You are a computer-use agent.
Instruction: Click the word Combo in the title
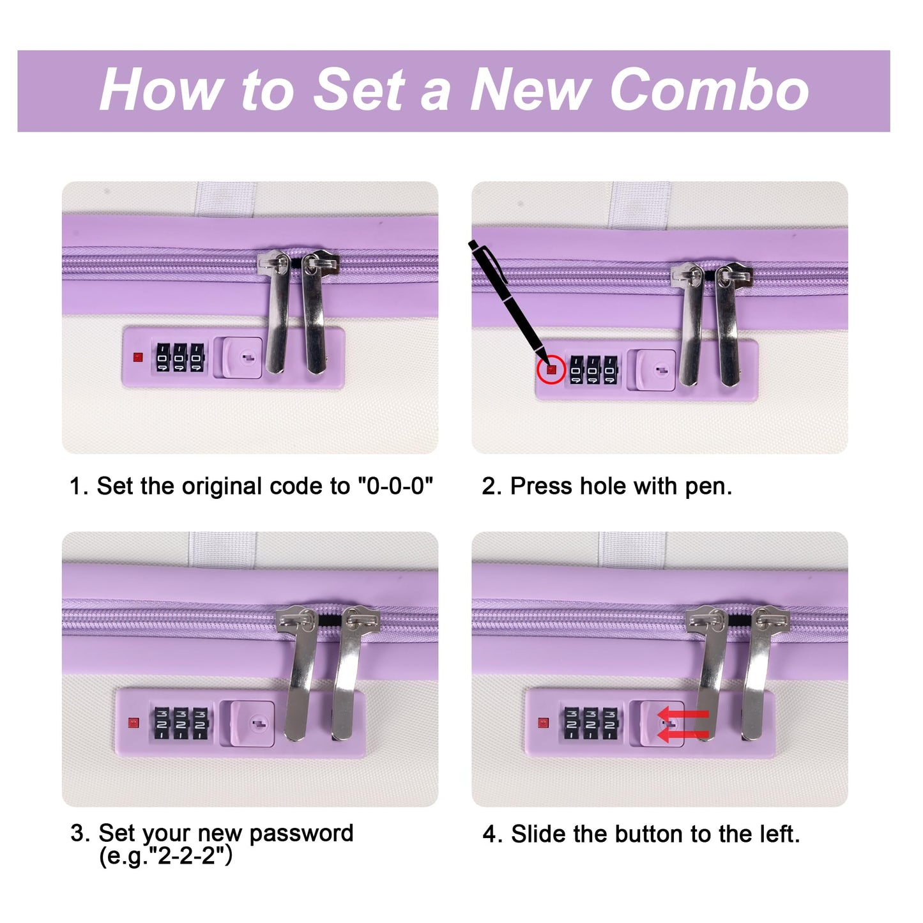[710, 89]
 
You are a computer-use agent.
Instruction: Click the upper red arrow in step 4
[683, 714]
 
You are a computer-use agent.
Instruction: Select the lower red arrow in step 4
[683, 735]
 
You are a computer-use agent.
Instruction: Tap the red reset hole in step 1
[138, 357]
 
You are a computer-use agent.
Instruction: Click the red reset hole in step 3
[133, 723]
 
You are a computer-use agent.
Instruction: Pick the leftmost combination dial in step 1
[163, 357]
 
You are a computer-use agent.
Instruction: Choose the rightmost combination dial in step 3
[200, 723]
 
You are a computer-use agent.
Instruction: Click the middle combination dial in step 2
[593, 370]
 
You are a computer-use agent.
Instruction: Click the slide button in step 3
[252, 724]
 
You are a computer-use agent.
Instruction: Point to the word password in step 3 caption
[301, 834]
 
